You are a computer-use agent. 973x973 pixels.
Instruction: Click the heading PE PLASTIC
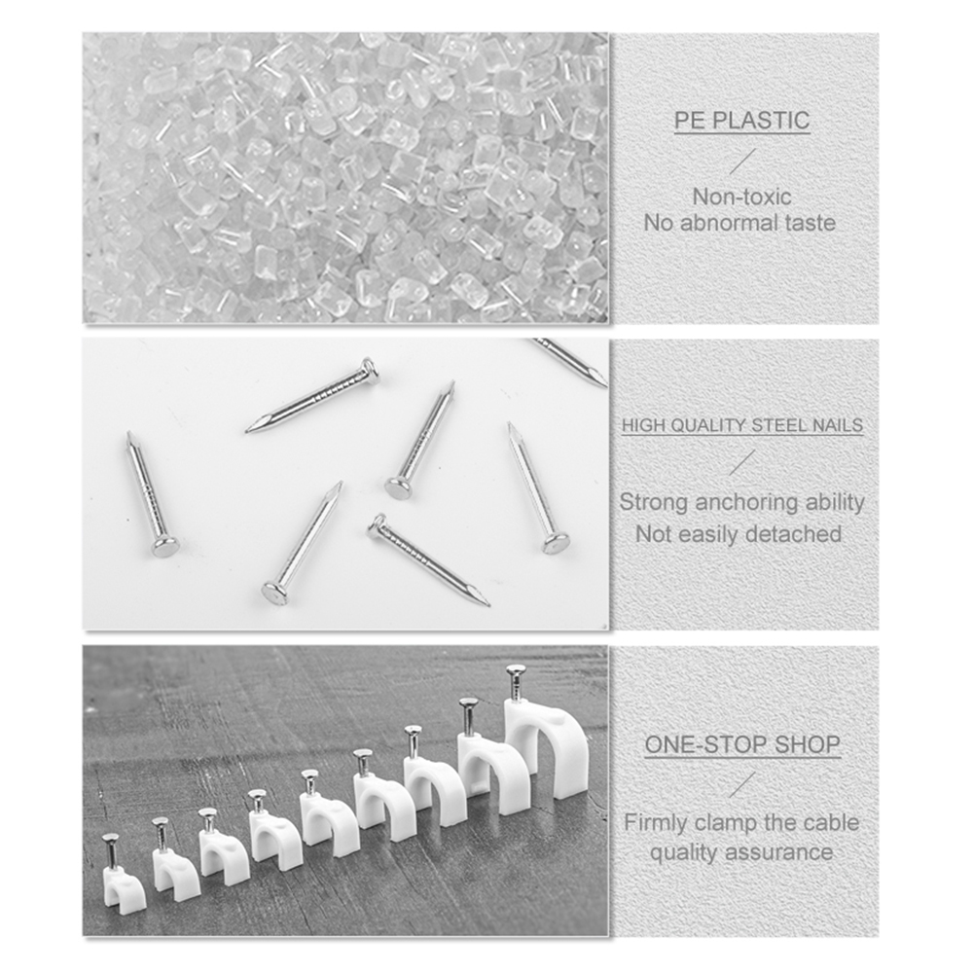point(742,122)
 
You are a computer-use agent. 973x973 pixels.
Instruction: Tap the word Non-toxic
point(741,197)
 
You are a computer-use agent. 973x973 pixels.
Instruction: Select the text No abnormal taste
point(739,223)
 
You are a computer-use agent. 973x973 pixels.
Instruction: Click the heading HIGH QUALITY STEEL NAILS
point(742,426)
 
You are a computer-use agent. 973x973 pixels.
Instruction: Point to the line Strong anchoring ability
point(741,503)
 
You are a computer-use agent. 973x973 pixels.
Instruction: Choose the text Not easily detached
point(739,534)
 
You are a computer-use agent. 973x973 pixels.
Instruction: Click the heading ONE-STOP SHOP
point(742,746)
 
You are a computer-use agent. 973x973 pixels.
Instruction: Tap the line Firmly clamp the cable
point(741,823)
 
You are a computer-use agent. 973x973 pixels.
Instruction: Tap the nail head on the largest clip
point(516,670)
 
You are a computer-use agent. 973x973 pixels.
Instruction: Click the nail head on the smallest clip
point(110,839)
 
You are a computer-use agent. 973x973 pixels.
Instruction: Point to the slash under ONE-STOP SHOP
point(742,784)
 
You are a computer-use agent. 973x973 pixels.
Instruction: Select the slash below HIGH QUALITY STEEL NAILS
point(742,462)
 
